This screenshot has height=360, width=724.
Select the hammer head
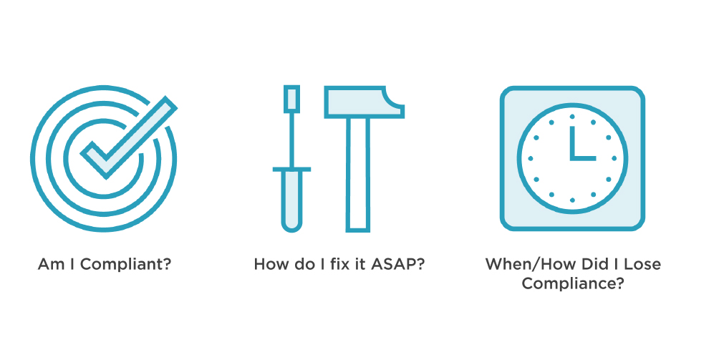pos(365,102)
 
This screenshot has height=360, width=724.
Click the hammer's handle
pos(358,174)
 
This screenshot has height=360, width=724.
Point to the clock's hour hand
pos(573,142)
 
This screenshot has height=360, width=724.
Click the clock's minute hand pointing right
pos(583,158)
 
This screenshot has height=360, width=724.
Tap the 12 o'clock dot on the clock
pos(573,117)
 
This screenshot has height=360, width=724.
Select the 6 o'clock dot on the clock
pos(573,200)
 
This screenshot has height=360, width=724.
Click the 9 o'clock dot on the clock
pos(531,158)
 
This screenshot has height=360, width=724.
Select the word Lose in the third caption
pos(644,265)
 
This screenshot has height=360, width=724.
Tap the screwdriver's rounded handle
pos(291,200)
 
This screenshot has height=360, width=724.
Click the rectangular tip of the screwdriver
pos(291,99)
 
